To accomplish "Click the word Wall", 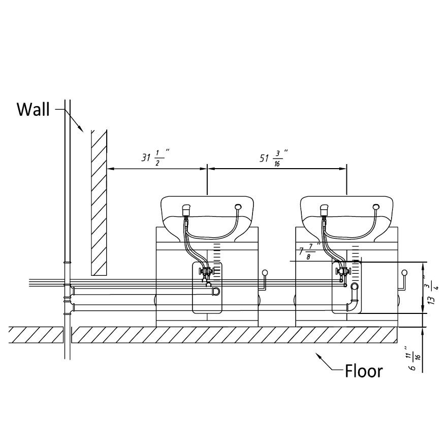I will tap(34, 109).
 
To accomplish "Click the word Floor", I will tap(364, 371).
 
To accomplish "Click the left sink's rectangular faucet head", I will tap(186, 209).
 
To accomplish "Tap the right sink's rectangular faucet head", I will tap(325, 209).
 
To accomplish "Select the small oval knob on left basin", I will tap(238, 207).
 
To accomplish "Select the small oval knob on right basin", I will tap(376, 207).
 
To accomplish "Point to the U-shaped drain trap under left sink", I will tap(216, 291).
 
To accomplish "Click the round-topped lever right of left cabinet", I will tap(265, 273).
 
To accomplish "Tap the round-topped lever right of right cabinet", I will tap(404, 273).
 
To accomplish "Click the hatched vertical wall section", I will tap(99, 201).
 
